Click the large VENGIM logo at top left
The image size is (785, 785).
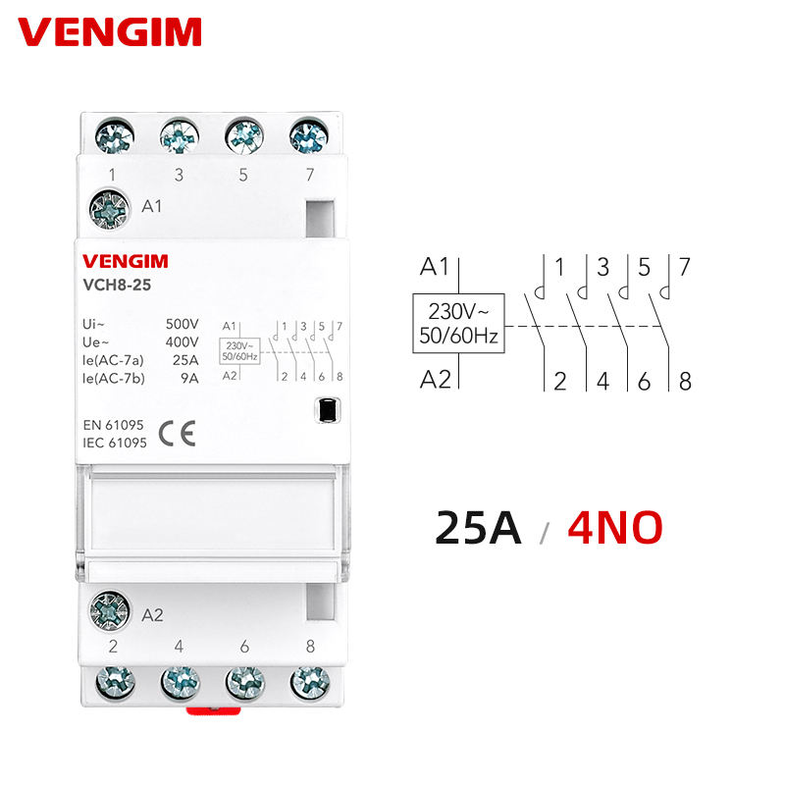pyautogui.click(x=110, y=31)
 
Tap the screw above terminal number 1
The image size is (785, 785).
pyautogui.click(x=114, y=136)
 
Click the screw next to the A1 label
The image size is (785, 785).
pyautogui.click(x=109, y=207)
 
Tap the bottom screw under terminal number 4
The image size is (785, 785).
pyautogui.click(x=180, y=679)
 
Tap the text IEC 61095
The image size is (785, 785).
pyautogui.click(x=115, y=444)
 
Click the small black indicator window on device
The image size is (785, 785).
pyautogui.click(x=328, y=410)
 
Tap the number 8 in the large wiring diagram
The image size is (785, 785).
pyautogui.click(x=684, y=382)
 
